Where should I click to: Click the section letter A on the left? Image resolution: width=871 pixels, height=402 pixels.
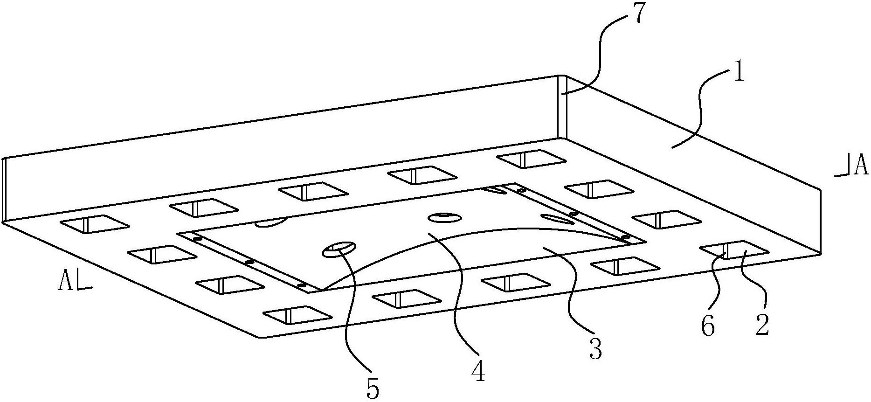coord(65,281)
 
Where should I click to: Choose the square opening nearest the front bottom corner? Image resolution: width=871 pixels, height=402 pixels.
coord(298,315)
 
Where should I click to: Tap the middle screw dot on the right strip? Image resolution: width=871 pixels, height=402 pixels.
coord(574,214)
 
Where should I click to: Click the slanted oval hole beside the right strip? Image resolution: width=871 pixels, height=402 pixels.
coord(555,218)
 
